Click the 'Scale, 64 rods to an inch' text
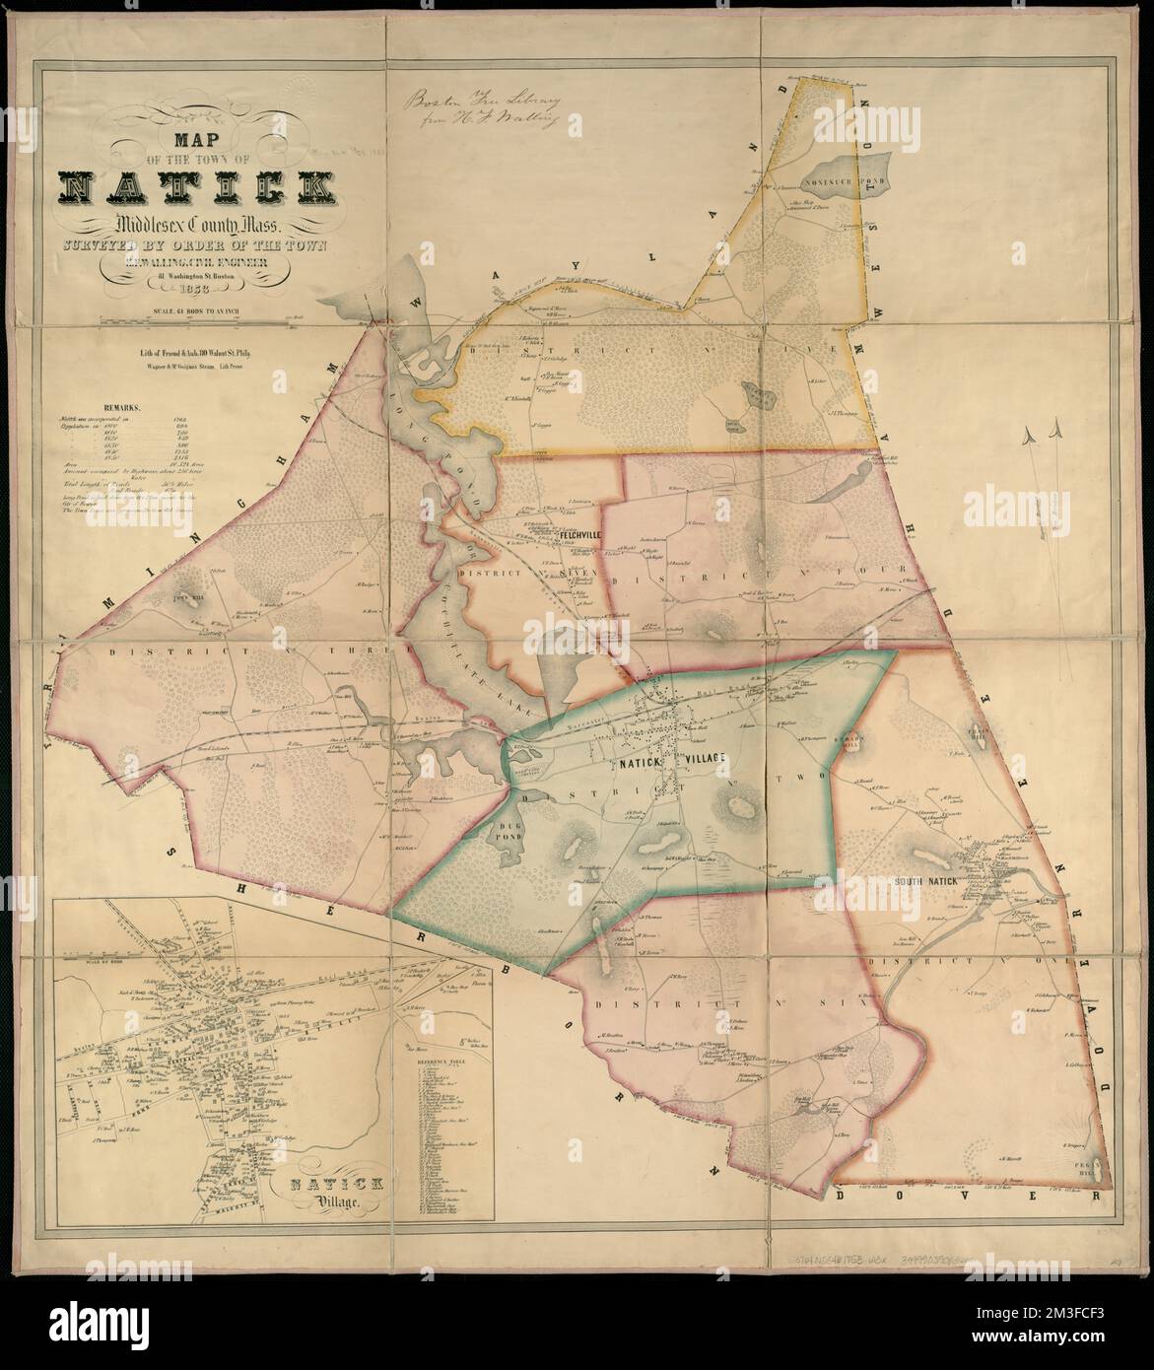tap(196, 312)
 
